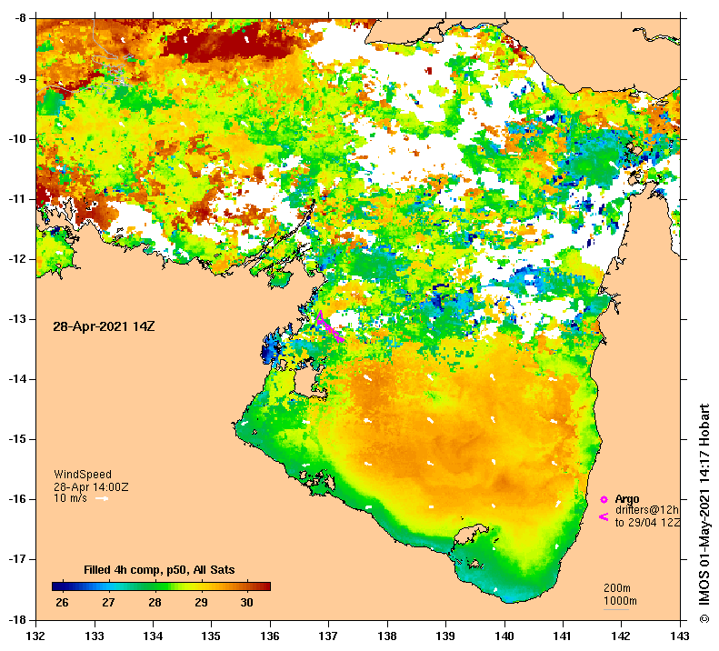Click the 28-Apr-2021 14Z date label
pos(104,325)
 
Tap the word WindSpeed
pos(83,475)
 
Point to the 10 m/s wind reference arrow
pos(102,498)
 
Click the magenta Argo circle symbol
pos(603,499)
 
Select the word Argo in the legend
pos(627,499)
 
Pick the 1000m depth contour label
pos(621,601)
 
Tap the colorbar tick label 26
pos(62,603)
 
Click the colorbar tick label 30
pos(245,603)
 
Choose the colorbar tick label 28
pos(155,603)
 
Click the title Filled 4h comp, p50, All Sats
pos(159,570)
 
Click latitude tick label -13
pos(19,319)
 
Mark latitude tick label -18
pos(19,620)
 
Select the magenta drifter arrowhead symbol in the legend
pos(603,517)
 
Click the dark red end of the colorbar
pos(265,586)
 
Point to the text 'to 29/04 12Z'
pos(647,523)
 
